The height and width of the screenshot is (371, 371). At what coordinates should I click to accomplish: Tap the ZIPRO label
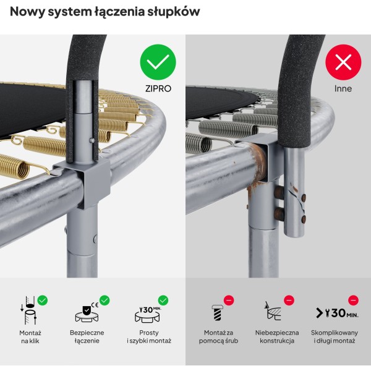158,88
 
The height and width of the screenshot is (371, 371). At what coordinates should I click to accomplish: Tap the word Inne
343,88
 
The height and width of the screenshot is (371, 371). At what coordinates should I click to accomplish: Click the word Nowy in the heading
28,11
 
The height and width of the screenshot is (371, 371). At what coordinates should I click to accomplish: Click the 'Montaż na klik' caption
30,336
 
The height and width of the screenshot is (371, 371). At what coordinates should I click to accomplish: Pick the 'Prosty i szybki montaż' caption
148,336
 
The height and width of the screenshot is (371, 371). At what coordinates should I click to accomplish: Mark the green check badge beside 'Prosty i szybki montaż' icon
163,300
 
